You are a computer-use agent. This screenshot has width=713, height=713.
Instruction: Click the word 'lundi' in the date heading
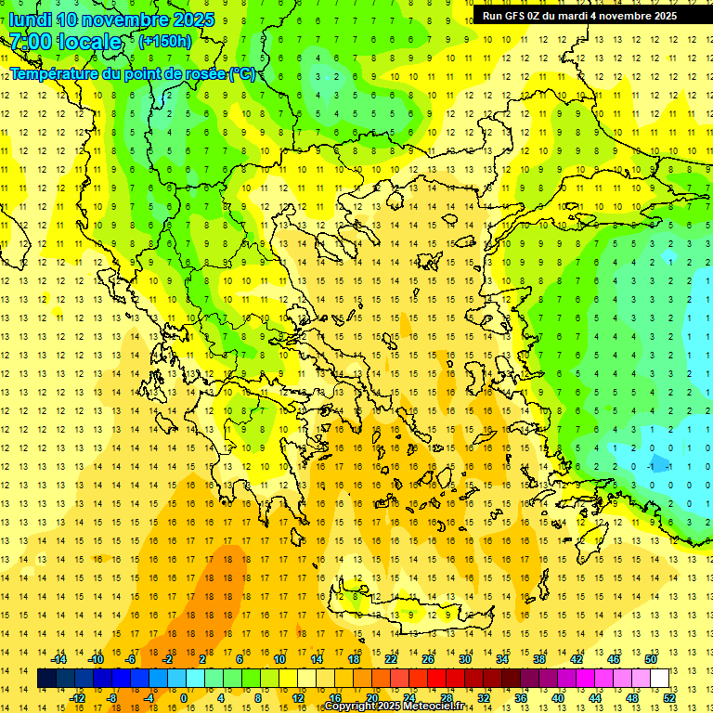click(x=30, y=19)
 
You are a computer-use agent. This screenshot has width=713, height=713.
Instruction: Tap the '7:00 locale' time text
click(x=65, y=42)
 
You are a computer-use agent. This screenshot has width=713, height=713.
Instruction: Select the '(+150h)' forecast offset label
click(x=165, y=41)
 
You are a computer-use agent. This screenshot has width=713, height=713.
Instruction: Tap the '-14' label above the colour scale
click(x=58, y=658)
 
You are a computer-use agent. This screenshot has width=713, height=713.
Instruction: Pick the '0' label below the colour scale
click(x=184, y=698)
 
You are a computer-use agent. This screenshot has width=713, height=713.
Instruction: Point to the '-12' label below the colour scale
click(x=77, y=698)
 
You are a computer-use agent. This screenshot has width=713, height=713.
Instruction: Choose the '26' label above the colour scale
click(x=428, y=658)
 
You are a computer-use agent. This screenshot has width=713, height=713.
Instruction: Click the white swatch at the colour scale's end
click(x=659, y=679)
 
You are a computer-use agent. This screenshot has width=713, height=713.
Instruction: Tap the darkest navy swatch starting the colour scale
click(x=46, y=679)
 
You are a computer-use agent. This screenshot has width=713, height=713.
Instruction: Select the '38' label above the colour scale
click(x=538, y=658)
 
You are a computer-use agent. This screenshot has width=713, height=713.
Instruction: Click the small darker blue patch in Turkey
click(x=660, y=463)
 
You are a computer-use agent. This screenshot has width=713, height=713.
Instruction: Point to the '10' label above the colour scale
click(x=279, y=658)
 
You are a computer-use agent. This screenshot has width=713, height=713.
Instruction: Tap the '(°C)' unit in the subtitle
click(x=243, y=73)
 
